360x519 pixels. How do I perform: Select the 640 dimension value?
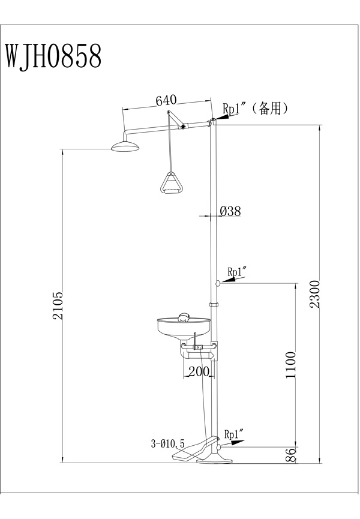coord(166,101)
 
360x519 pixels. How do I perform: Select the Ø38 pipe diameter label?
coord(230,211)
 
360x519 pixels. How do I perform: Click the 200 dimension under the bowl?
coord(198,371)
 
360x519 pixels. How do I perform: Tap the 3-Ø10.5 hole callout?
coord(169,444)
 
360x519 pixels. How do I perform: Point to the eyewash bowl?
coord(183,329)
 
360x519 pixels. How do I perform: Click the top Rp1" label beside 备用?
coord(235,109)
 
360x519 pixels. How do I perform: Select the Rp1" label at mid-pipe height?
coord(236,271)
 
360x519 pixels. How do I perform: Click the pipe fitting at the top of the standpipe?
coord(212,123)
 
